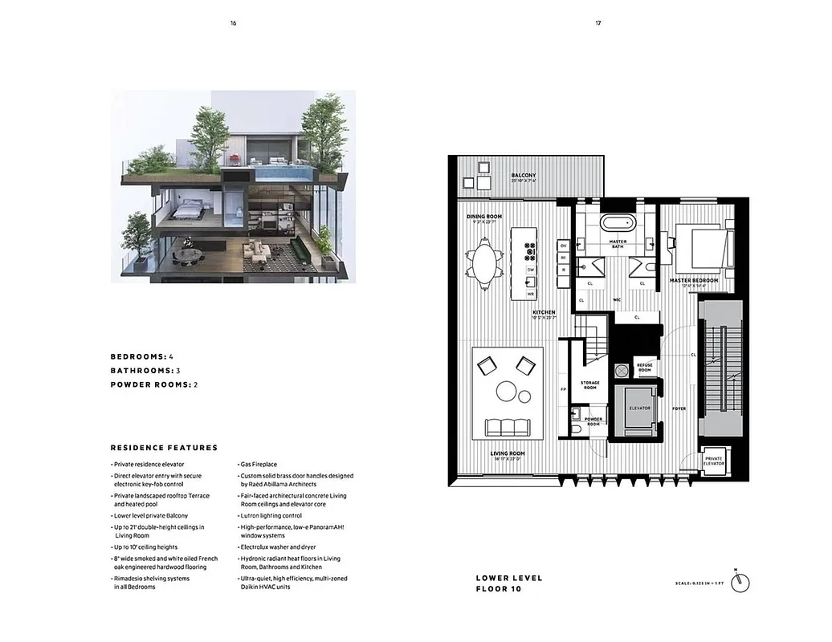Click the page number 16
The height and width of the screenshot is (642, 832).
tap(233, 23)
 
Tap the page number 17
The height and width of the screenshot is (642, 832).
tap(598, 23)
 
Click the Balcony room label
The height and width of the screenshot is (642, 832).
tap(524, 176)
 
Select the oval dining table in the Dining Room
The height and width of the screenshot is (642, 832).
tap(483, 265)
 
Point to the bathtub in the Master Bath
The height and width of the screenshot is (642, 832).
tap(617, 224)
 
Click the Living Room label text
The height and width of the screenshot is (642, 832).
tap(508, 454)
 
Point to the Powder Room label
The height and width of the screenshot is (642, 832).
tap(593, 421)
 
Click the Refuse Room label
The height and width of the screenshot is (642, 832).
tap(644, 368)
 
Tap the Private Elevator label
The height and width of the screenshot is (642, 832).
tap(713, 461)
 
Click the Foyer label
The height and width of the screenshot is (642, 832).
tap(679, 408)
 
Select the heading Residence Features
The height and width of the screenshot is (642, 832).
tap(164, 448)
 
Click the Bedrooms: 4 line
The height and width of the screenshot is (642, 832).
tap(142, 356)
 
